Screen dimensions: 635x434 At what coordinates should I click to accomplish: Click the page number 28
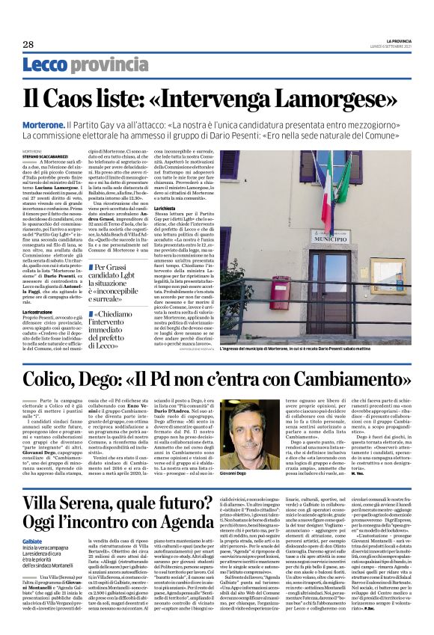28,44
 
